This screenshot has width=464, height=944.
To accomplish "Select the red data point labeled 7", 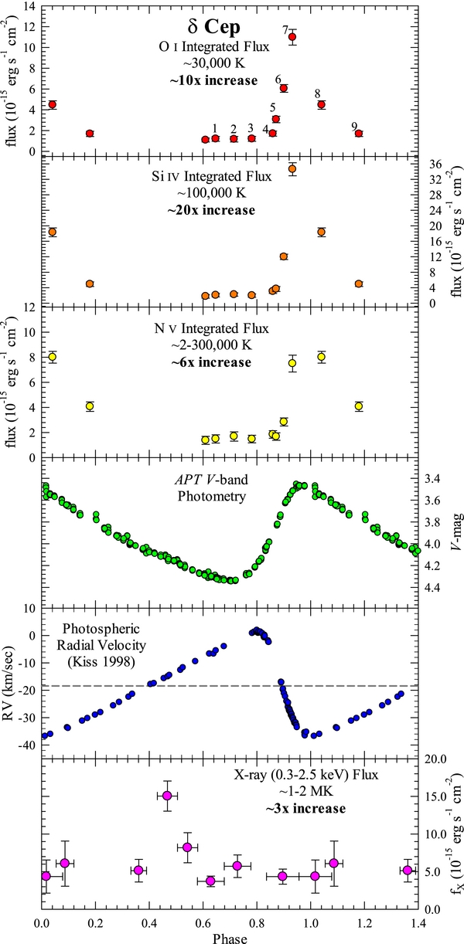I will pos(292,37).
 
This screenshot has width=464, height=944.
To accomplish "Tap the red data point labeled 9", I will pos(358,134).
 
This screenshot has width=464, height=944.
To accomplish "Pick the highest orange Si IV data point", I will pos(292,168).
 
